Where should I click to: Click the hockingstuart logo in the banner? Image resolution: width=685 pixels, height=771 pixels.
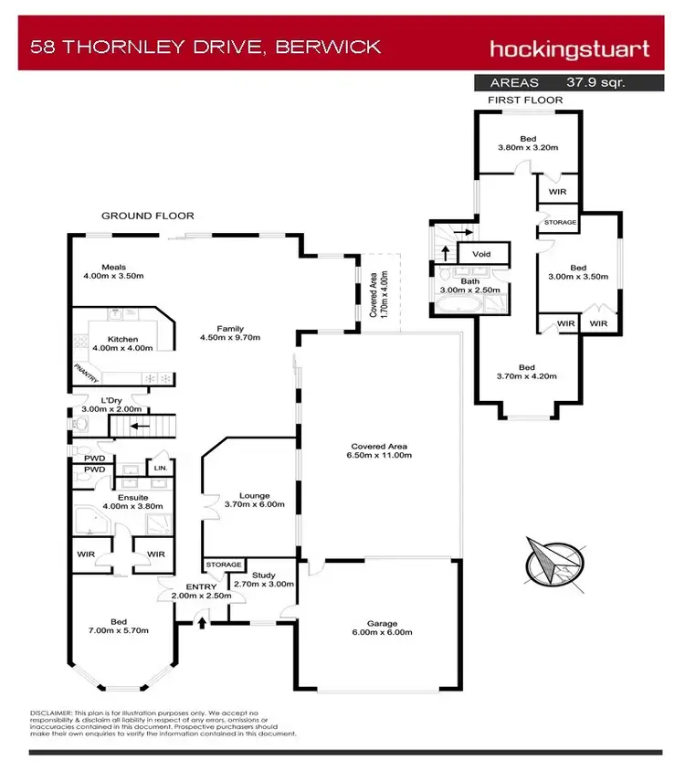pos(569,49)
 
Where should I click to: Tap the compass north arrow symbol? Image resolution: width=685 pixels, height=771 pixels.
pos(554,564)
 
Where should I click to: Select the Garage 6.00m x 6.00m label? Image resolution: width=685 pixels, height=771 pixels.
pos(382,628)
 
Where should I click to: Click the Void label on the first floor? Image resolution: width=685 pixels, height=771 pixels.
pos(481,254)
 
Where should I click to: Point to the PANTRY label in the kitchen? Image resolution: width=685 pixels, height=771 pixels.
pos(86,373)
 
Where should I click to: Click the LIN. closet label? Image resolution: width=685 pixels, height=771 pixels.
pos(161,468)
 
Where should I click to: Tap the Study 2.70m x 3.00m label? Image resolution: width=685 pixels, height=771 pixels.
pos(264,579)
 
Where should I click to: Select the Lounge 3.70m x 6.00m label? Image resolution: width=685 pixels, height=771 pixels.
pos(254,500)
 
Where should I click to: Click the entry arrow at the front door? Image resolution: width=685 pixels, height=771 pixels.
pos(202,622)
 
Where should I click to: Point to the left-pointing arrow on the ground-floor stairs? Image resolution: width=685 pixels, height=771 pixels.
pos(140,426)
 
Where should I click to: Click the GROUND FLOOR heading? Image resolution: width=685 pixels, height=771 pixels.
pos(148,216)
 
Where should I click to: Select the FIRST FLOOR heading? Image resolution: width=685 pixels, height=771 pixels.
pos(525,100)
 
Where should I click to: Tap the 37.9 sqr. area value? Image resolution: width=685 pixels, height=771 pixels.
pos(595,82)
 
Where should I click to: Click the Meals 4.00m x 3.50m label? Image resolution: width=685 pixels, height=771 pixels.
pos(113,271)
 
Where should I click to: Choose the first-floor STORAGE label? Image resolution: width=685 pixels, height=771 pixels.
pos(560,222)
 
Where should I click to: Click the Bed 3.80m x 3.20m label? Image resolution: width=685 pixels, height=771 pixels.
pos(528,143)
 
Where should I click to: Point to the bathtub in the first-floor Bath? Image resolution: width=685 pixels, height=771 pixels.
pos(458,304)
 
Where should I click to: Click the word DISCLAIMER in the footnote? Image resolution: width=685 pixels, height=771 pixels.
pos(51,713)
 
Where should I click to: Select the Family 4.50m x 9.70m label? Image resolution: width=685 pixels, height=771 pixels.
pos(230,333)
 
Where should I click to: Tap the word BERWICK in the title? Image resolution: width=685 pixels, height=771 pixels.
pos(328,47)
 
